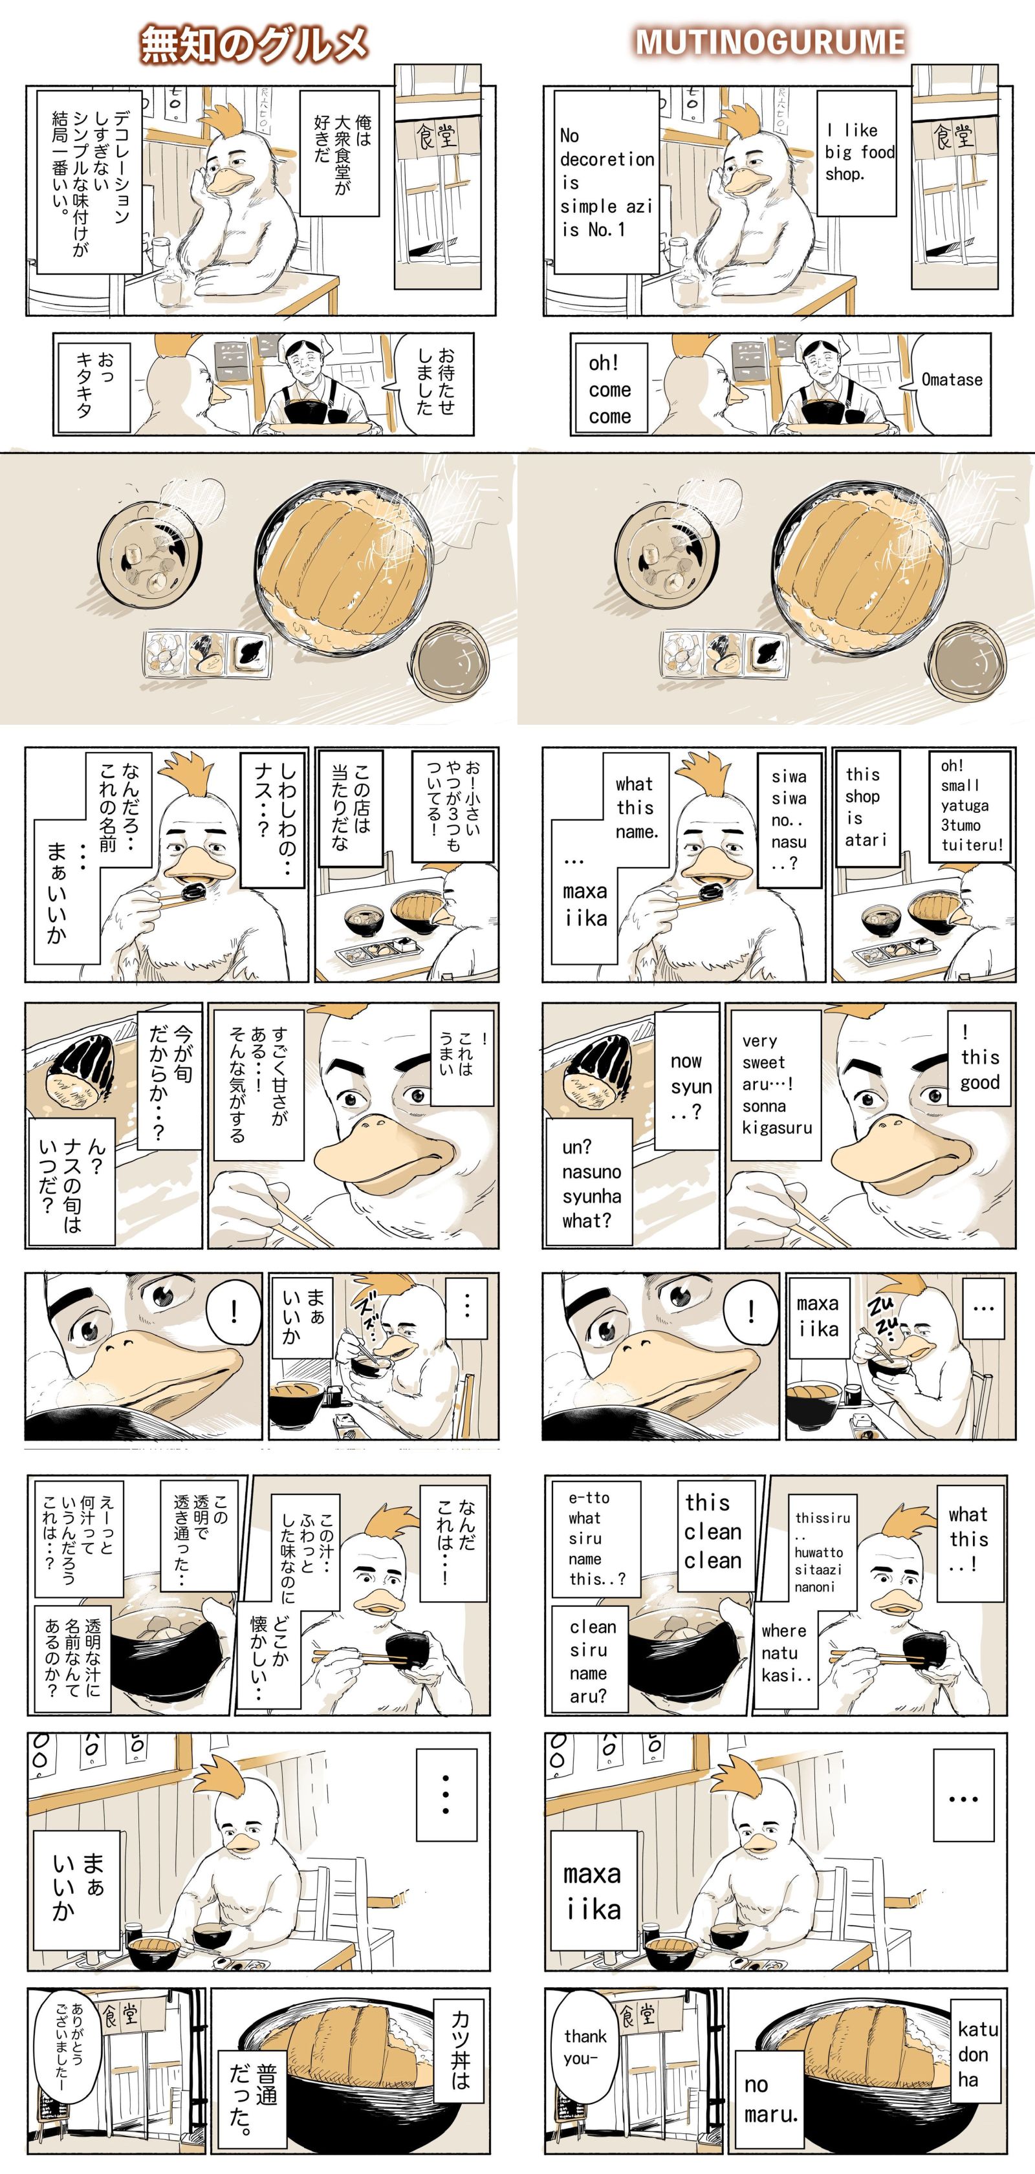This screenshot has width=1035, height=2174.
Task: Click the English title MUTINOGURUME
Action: pyautogui.click(x=770, y=42)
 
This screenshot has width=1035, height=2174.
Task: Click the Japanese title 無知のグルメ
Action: pyautogui.click(x=254, y=44)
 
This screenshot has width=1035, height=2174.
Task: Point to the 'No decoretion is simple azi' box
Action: pyautogui.click(x=606, y=182)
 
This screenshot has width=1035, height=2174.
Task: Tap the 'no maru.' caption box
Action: pyautogui.click(x=771, y=2100)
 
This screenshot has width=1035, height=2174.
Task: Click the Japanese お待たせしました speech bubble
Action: pyautogui.click(x=431, y=382)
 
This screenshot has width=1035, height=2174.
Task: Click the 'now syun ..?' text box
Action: pyautogui.click(x=687, y=1084)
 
